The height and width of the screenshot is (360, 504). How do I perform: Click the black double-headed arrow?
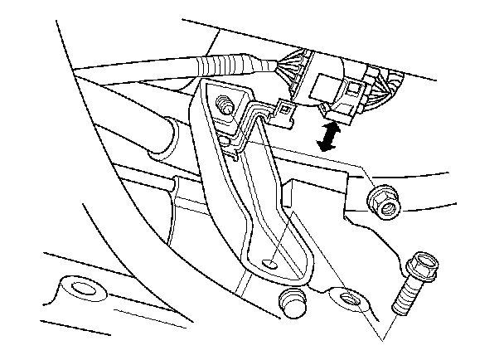pos(331,135)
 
